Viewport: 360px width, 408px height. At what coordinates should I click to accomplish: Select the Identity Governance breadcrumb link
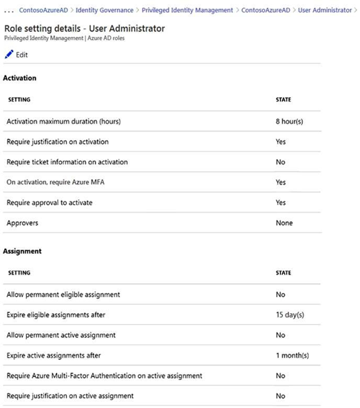[x=104, y=10]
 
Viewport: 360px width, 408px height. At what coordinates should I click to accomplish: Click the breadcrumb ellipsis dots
[x=9, y=10]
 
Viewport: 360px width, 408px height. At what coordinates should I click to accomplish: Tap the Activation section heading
[x=20, y=78]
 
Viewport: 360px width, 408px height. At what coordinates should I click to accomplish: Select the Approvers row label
[x=22, y=223]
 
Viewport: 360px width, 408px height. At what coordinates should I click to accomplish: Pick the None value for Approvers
[x=284, y=223]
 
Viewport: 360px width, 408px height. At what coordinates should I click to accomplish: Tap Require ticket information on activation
[x=67, y=162]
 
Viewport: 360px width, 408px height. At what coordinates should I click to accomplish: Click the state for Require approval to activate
[x=280, y=203]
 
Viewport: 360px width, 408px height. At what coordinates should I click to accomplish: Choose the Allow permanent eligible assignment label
[x=63, y=294]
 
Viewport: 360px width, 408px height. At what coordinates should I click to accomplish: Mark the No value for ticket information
[x=279, y=162]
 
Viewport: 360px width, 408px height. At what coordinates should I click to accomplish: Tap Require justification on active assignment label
[x=70, y=396]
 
